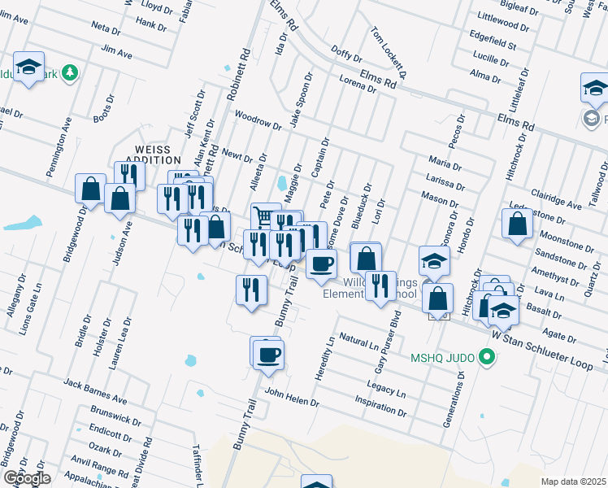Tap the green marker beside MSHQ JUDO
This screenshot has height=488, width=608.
tap(487, 356)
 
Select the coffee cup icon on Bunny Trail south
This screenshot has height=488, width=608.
tap(267, 354)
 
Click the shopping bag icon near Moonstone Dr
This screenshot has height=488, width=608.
tap(517, 224)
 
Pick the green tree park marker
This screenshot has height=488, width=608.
tap(72, 72)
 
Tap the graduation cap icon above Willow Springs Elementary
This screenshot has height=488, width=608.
tap(435, 261)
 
